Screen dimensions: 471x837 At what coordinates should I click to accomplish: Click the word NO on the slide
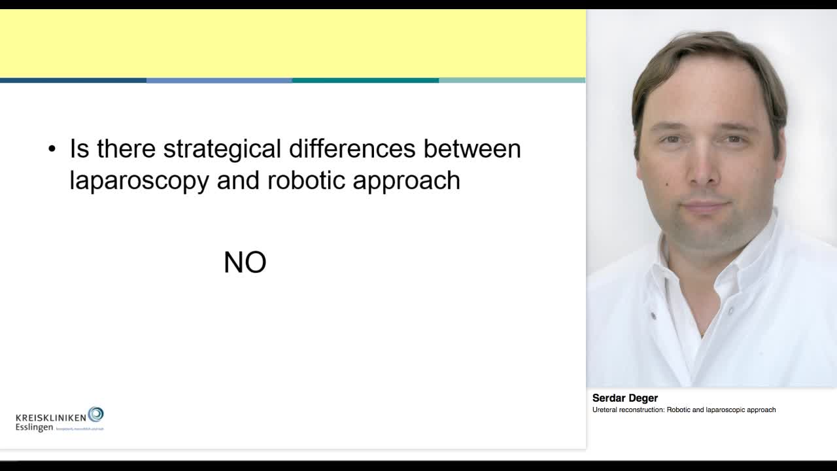(245, 262)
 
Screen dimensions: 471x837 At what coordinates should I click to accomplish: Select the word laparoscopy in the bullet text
(139, 181)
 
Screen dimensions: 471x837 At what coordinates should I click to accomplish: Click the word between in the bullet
(472, 149)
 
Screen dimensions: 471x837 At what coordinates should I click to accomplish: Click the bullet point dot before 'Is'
(52, 150)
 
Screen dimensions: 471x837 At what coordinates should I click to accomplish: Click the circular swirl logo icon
(95, 413)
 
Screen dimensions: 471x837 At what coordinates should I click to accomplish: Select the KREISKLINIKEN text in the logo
(51, 417)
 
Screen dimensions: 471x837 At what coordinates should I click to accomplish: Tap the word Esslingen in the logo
(34, 427)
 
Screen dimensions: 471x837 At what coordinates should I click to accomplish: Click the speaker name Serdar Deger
(624, 398)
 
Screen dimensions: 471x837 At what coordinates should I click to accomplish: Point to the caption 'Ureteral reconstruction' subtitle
(683, 410)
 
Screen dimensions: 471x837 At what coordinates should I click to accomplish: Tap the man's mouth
(705, 207)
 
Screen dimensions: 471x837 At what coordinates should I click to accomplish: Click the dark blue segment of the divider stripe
(73, 80)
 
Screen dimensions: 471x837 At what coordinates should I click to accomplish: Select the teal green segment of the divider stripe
(365, 80)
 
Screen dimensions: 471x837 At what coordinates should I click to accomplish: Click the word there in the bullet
(126, 149)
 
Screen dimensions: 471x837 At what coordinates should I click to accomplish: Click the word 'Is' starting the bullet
(79, 149)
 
